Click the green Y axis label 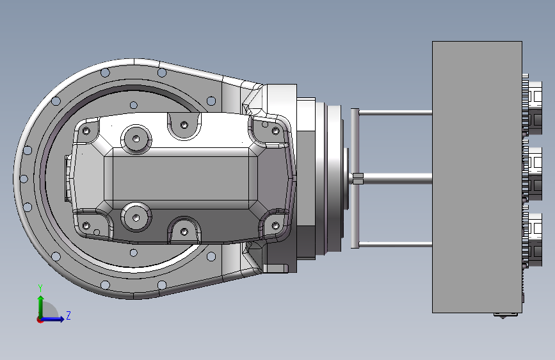pyautogui.click(x=40, y=288)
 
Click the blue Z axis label pyautogui.click(x=68, y=315)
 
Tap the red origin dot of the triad pyautogui.click(x=40, y=320)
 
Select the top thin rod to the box pyautogui.click(x=396, y=113)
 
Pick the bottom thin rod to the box pyautogui.click(x=396, y=244)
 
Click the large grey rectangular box pyautogui.click(x=477, y=177)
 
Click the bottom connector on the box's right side pyautogui.click(x=533, y=238)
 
